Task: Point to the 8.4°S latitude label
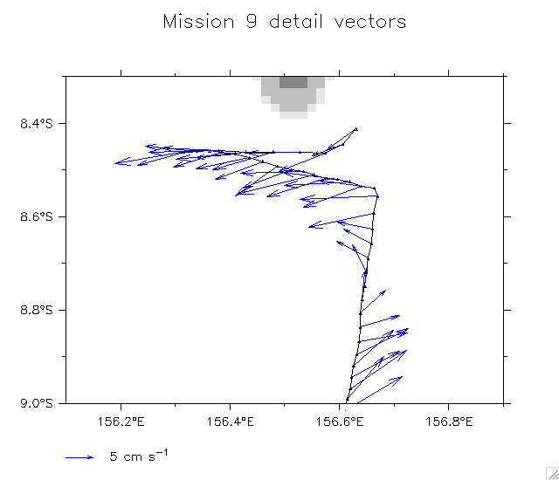click(37, 123)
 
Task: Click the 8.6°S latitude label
click(37, 216)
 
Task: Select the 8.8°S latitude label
click(37, 310)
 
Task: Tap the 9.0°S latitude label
click(37, 403)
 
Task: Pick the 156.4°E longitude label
click(231, 422)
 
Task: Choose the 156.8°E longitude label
click(449, 422)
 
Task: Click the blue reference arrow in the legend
click(79, 456)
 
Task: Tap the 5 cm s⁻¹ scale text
click(139, 456)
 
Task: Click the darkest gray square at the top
click(293, 82)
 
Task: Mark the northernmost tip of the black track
click(356, 129)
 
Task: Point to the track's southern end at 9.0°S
click(347, 401)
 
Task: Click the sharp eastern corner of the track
click(377, 196)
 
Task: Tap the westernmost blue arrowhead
click(116, 161)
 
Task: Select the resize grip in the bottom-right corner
click(551, 472)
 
